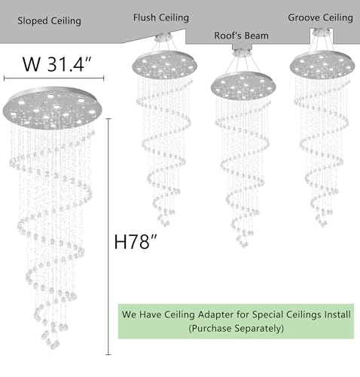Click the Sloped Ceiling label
tap(49, 20)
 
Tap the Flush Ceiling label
tap(161, 17)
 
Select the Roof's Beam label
tap(241, 35)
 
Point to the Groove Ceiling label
tap(320, 17)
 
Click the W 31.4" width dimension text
tap(57, 64)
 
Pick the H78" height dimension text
tap(136, 242)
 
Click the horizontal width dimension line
tap(53, 78)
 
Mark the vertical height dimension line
tap(108, 237)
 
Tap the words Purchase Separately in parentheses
tap(236, 328)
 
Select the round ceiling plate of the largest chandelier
tap(53, 109)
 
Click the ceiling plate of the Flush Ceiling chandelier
tap(165, 65)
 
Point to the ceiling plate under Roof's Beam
tap(243, 86)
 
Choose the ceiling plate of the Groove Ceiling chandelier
tap(322, 65)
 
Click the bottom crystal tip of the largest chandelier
tap(53, 347)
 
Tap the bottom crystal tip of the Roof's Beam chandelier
tap(243, 245)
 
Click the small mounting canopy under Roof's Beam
tap(242, 52)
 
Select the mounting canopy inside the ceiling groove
tap(322, 32)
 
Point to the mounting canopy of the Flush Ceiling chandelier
tap(163, 37)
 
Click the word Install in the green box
tap(337, 314)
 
